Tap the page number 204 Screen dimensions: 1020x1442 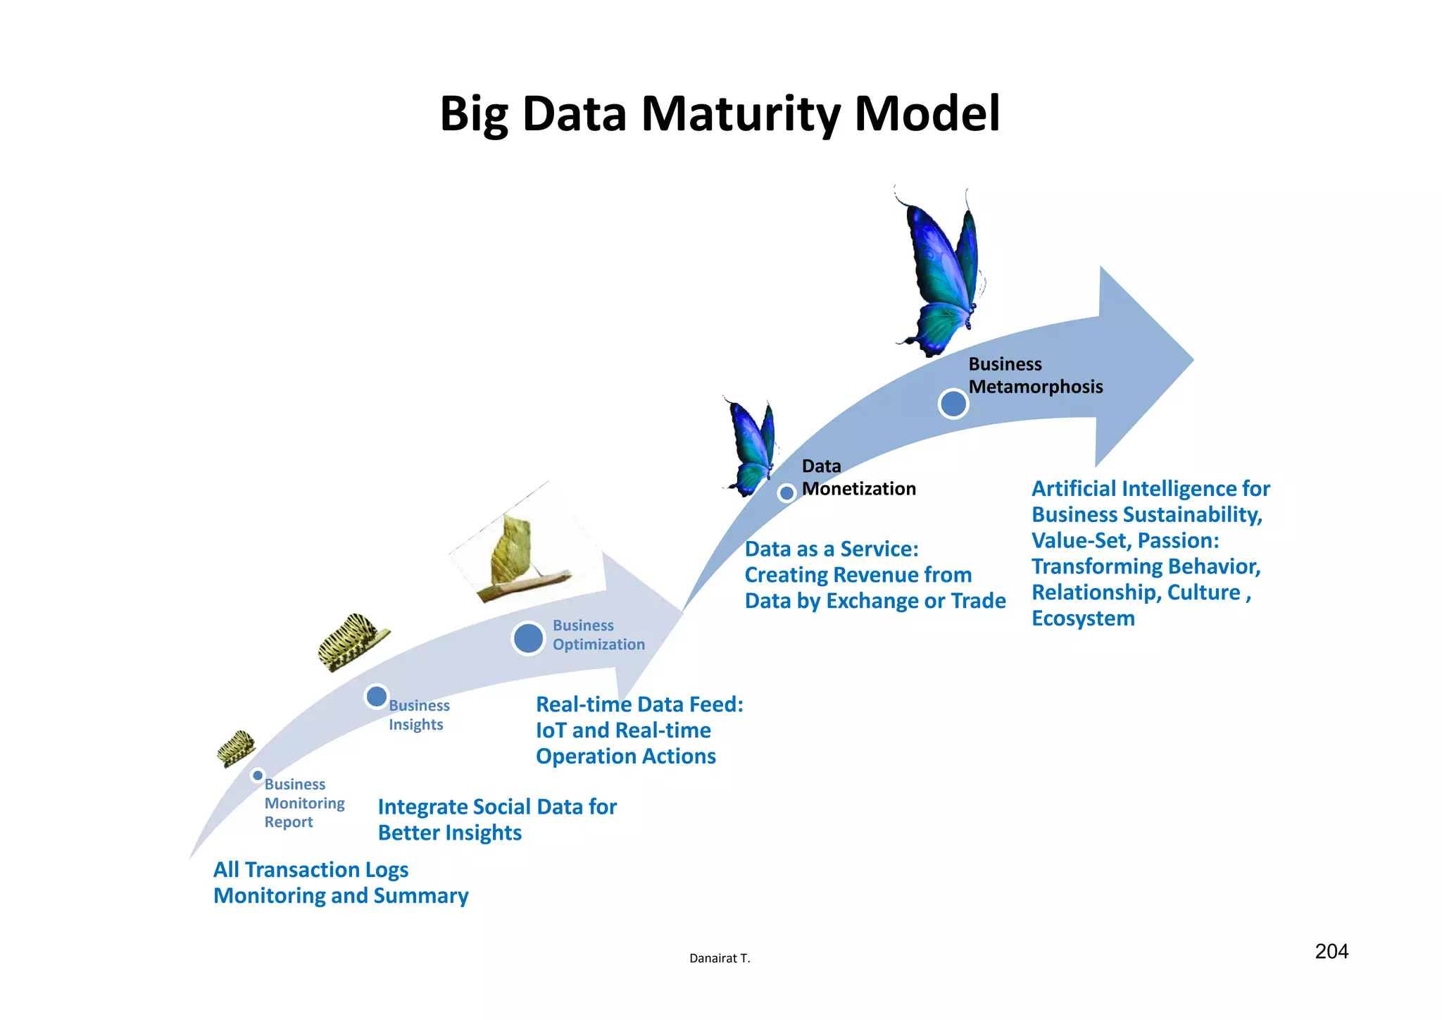pyautogui.click(x=1331, y=952)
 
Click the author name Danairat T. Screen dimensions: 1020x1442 pyautogui.click(x=720, y=958)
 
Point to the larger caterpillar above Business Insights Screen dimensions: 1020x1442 pyautogui.click(x=353, y=640)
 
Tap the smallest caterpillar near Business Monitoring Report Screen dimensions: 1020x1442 pyautogui.click(x=236, y=747)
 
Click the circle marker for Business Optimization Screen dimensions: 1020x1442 pyautogui.click(x=528, y=638)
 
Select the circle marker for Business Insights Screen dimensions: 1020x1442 pyautogui.click(x=377, y=697)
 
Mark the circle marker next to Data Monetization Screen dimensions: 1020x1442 pyautogui.click(x=786, y=493)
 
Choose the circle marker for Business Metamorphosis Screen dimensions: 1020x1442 pyautogui.click(x=953, y=404)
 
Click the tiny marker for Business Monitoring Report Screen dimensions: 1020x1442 pyautogui.click(x=258, y=776)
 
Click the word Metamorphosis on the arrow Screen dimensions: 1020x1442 pyautogui.click(x=1035, y=387)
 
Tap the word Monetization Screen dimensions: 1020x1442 pyautogui.click(x=858, y=489)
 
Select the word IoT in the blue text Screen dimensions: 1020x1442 pyautogui.click(x=551, y=730)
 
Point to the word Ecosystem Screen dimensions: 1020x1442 pyautogui.click(x=1083, y=618)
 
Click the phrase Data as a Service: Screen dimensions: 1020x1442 pyautogui.click(x=832, y=549)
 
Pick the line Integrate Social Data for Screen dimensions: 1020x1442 pyautogui.click(x=497, y=807)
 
